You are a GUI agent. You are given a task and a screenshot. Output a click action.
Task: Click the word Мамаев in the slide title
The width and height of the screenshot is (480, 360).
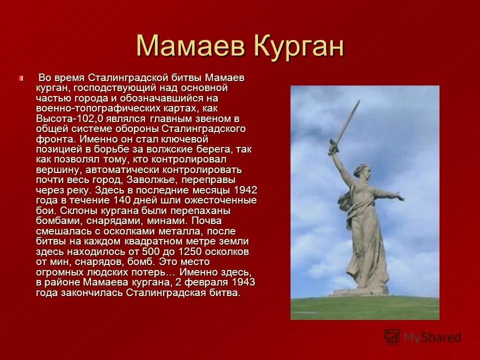tap(192, 46)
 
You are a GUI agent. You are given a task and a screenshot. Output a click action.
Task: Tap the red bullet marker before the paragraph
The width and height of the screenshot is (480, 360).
tap(21, 78)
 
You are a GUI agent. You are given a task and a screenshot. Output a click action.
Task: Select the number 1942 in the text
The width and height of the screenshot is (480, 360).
tap(245, 190)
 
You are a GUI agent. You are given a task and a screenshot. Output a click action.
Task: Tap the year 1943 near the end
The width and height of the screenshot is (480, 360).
tap(243, 282)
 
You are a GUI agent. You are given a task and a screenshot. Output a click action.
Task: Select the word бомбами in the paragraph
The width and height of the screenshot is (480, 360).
tap(55, 221)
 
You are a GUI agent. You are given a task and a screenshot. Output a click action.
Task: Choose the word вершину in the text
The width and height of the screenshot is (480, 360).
tap(53, 169)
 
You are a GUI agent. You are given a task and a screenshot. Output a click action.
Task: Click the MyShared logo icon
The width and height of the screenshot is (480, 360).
tap(392, 337)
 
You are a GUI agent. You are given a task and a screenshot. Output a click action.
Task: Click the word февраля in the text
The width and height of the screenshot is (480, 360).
tap(198, 282)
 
